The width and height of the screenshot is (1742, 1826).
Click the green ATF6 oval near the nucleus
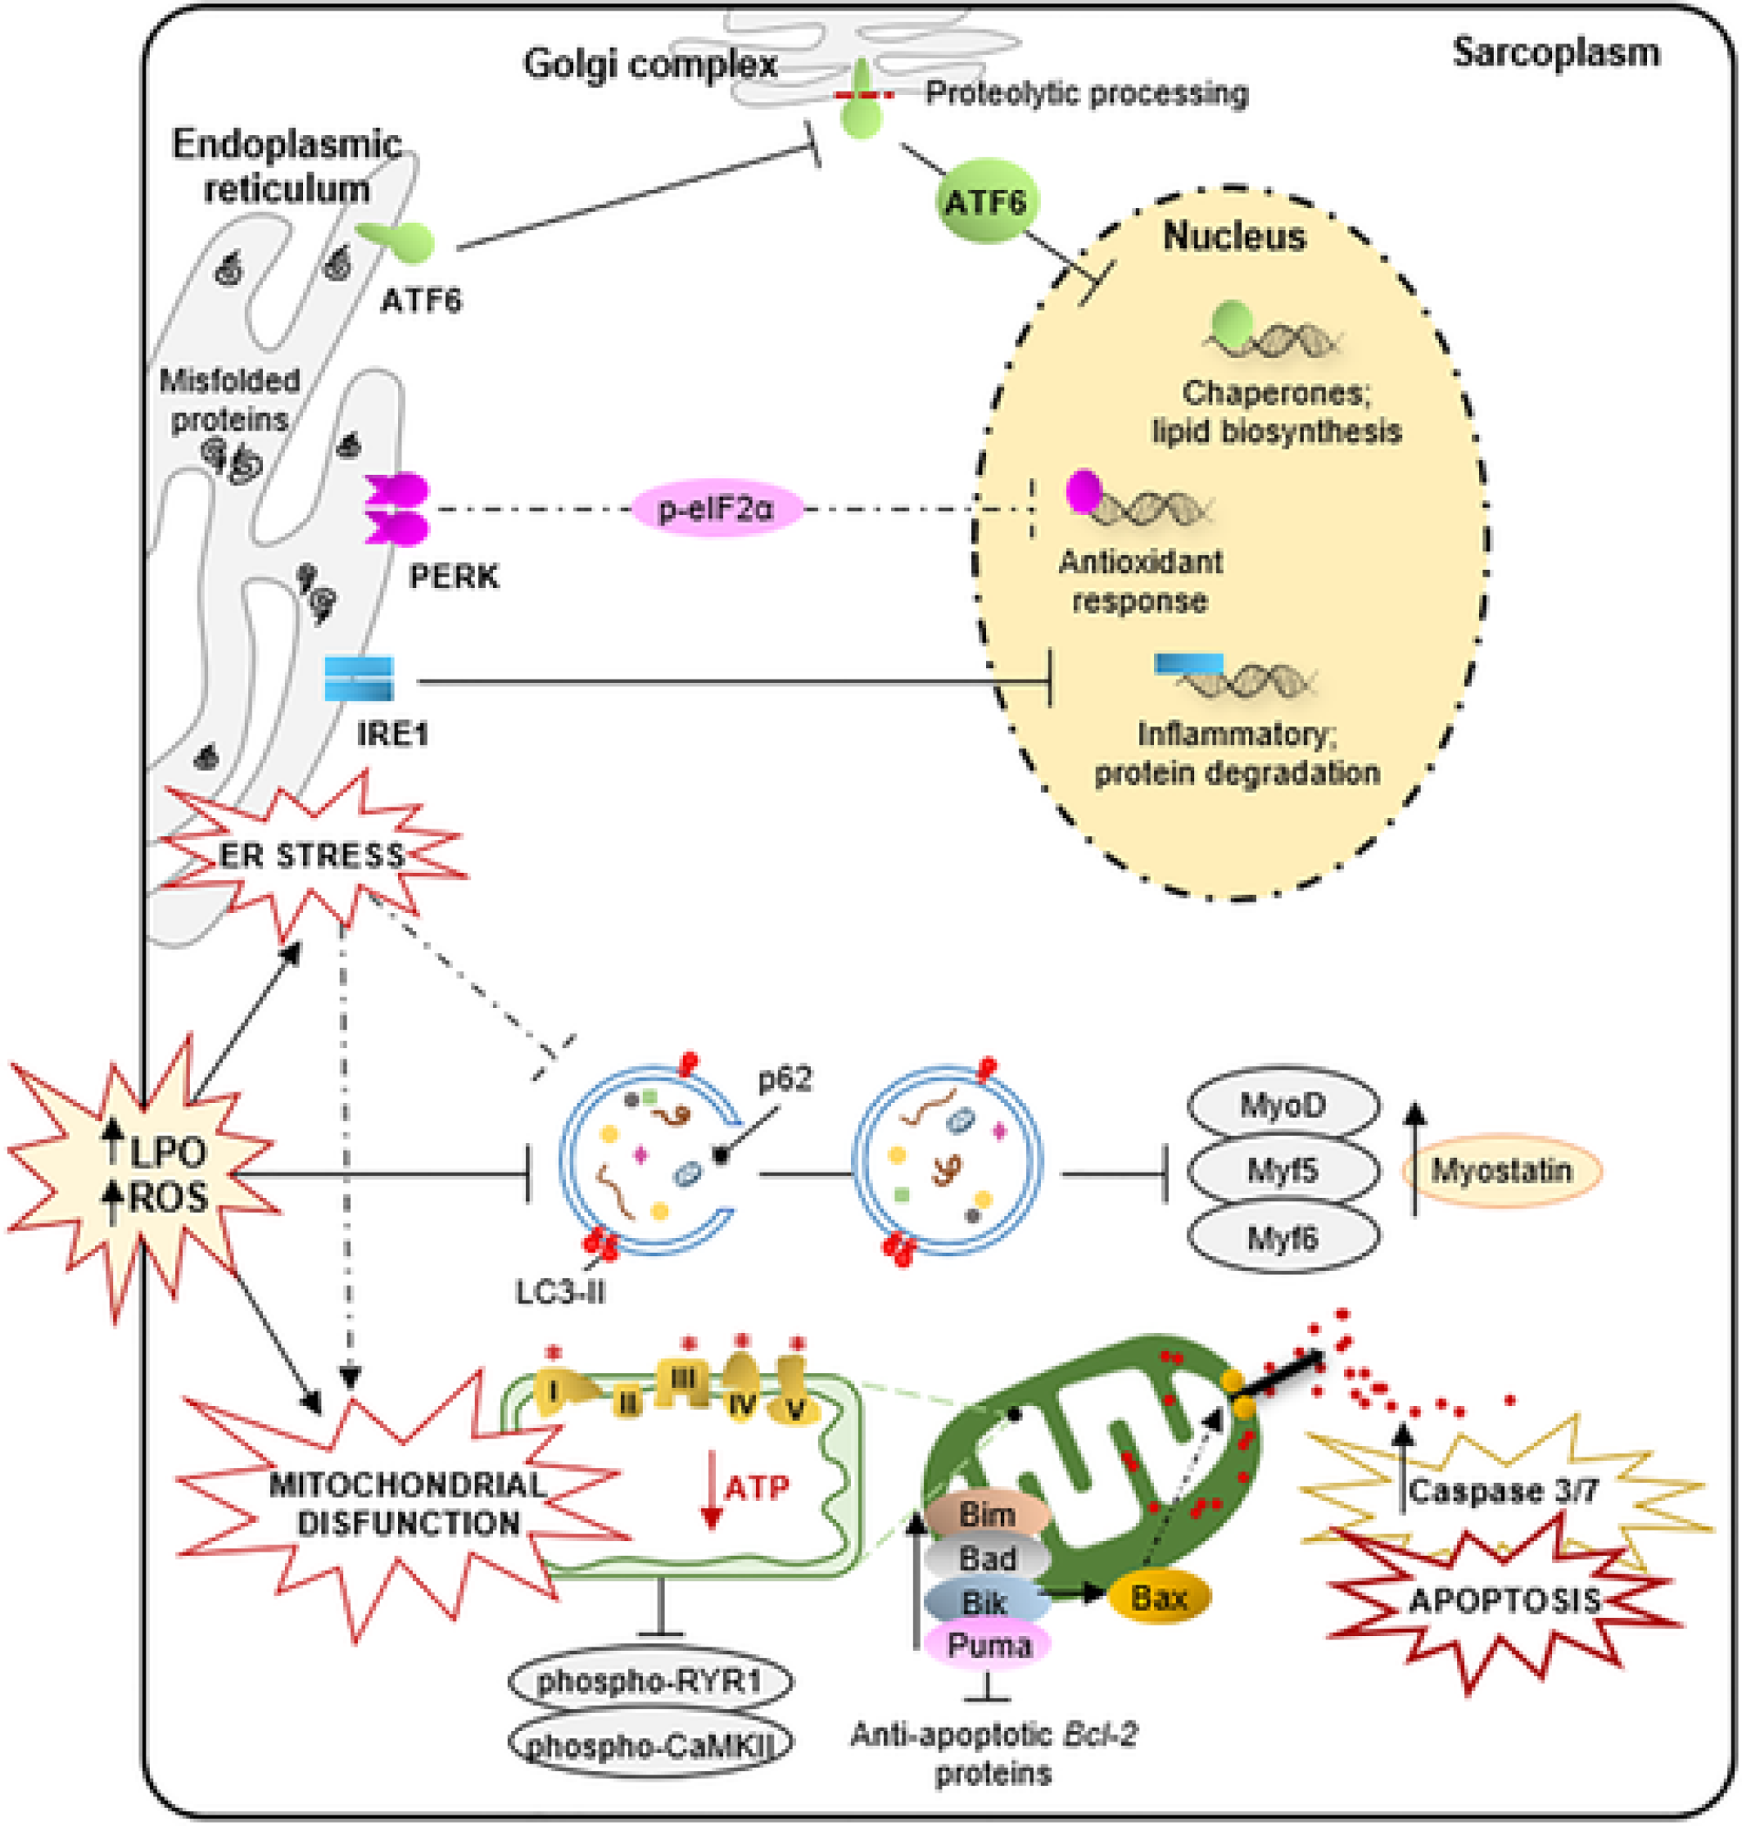pyautogui.click(x=985, y=201)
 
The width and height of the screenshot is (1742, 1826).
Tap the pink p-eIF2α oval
pyautogui.click(x=716, y=509)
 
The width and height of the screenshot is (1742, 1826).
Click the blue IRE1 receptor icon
pyautogui.click(x=360, y=679)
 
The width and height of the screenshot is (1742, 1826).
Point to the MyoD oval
pyautogui.click(x=1282, y=1106)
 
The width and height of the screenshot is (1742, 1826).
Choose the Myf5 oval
pyautogui.click(x=1282, y=1171)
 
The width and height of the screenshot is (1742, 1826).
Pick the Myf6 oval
pyautogui.click(x=1282, y=1238)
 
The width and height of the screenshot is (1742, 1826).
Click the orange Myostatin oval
pyautogui.click(x=1501, y=1171)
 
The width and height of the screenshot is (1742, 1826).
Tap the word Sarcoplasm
pyautogui.click(x=1556, y=52)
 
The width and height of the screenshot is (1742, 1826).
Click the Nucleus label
pyautogui.click(x=1234, y=236)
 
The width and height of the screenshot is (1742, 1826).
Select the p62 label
pyautogui.click(x=785, y=1079)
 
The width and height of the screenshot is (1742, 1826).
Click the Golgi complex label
pyautogui.click(x=650, y=64)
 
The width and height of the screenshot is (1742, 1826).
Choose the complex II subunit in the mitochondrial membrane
pyautogui.click(x=628, y=1403)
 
